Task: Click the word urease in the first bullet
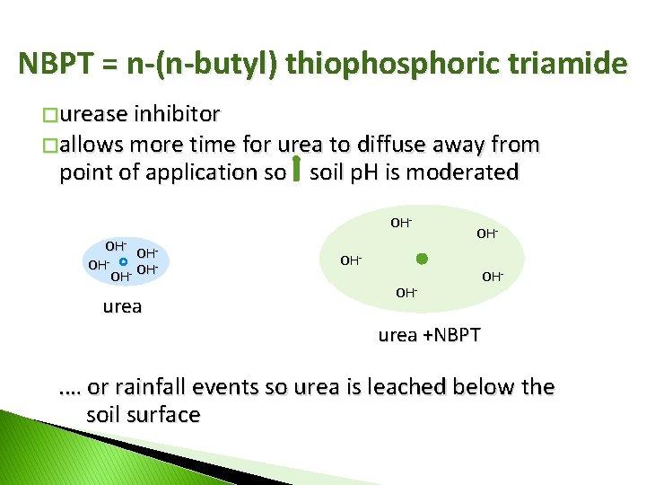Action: click(x=93, y=114)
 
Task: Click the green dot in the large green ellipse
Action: click(x=422, y=260)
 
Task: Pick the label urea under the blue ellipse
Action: click(x=123, y=306)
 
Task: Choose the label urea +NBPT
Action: click(x=429, y=335)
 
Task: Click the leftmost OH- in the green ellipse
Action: click(x=350, y=260)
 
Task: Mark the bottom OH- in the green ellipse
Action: click(x=406, y=293)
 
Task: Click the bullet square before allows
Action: click(x=51, y=145)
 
